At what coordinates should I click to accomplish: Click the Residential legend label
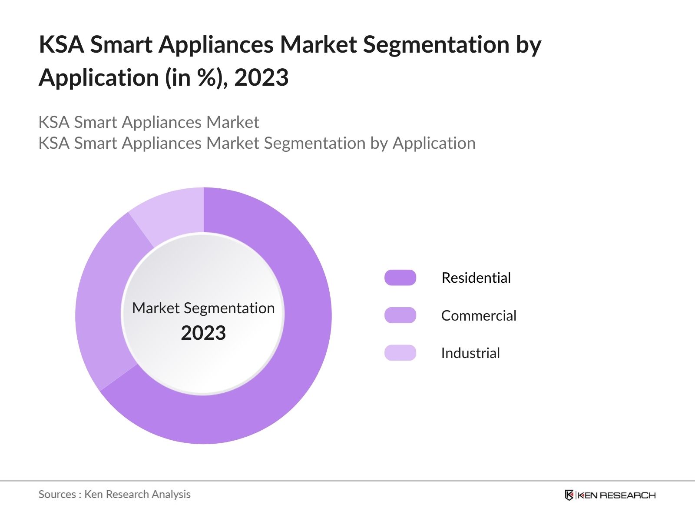476,278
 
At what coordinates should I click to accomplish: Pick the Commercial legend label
479,315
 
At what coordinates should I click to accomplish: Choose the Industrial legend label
470,353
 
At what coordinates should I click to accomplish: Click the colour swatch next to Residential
400,278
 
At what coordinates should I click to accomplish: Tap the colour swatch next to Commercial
400,315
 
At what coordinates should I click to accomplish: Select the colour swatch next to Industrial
400,353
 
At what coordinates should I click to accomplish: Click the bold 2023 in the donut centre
203,333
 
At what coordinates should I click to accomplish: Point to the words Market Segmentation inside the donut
203,308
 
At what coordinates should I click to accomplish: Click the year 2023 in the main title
261,78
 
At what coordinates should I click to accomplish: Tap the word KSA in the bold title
61,44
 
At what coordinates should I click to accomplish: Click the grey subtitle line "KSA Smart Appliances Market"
149,122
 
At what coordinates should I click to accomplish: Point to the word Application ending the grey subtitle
434,143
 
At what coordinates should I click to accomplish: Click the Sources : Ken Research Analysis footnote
114,494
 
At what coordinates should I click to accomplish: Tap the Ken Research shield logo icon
569,495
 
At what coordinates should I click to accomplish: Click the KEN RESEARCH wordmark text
617,495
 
